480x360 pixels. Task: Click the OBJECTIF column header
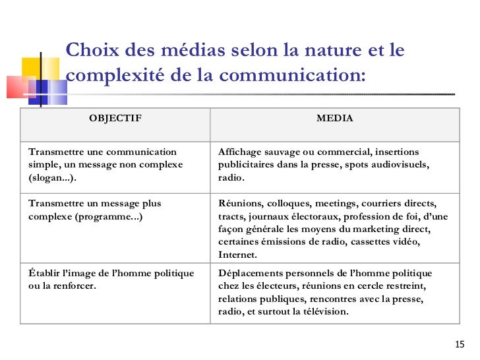pyautogui.click(x=115, y=119)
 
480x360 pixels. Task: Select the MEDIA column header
pyautogui.click(x=334, y=119)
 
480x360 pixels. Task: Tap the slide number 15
pyautogui.click(x=460, y=345)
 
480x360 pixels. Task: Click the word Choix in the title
pyautogui.click(x=92, y=51)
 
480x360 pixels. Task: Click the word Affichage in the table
pyautogui.click(x=241, y=152)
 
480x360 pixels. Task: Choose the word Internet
pyautogui.click(x=237, y=255)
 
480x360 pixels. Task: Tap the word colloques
pyautogui.click(x=289, y=204)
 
